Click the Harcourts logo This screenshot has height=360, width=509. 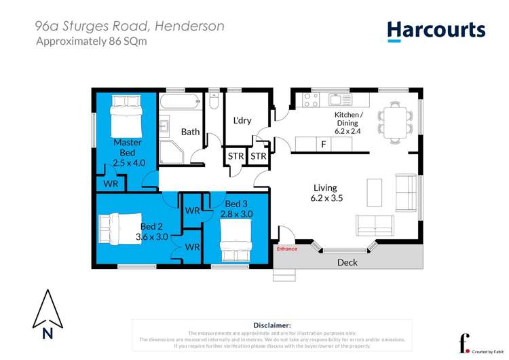click(x=436, y=30)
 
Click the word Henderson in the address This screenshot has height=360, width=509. click(x=189, y=26)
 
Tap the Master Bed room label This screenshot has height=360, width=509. click(x=127, y=148)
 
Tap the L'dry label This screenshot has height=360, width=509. click(x=242, y=121)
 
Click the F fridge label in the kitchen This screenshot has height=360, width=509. click(x=323, y=144)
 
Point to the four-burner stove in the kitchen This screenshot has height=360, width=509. click(x=310, y=100)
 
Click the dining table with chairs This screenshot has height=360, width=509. click(x=394, y=118)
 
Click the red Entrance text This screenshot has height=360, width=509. click(x=286, y=249)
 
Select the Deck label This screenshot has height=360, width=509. click(x=347, y=262)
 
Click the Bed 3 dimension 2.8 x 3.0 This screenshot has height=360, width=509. click(x=237, y=214)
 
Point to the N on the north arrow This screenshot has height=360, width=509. click(x=48, y=333)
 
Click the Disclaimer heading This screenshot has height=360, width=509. click(x=271, y=325)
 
